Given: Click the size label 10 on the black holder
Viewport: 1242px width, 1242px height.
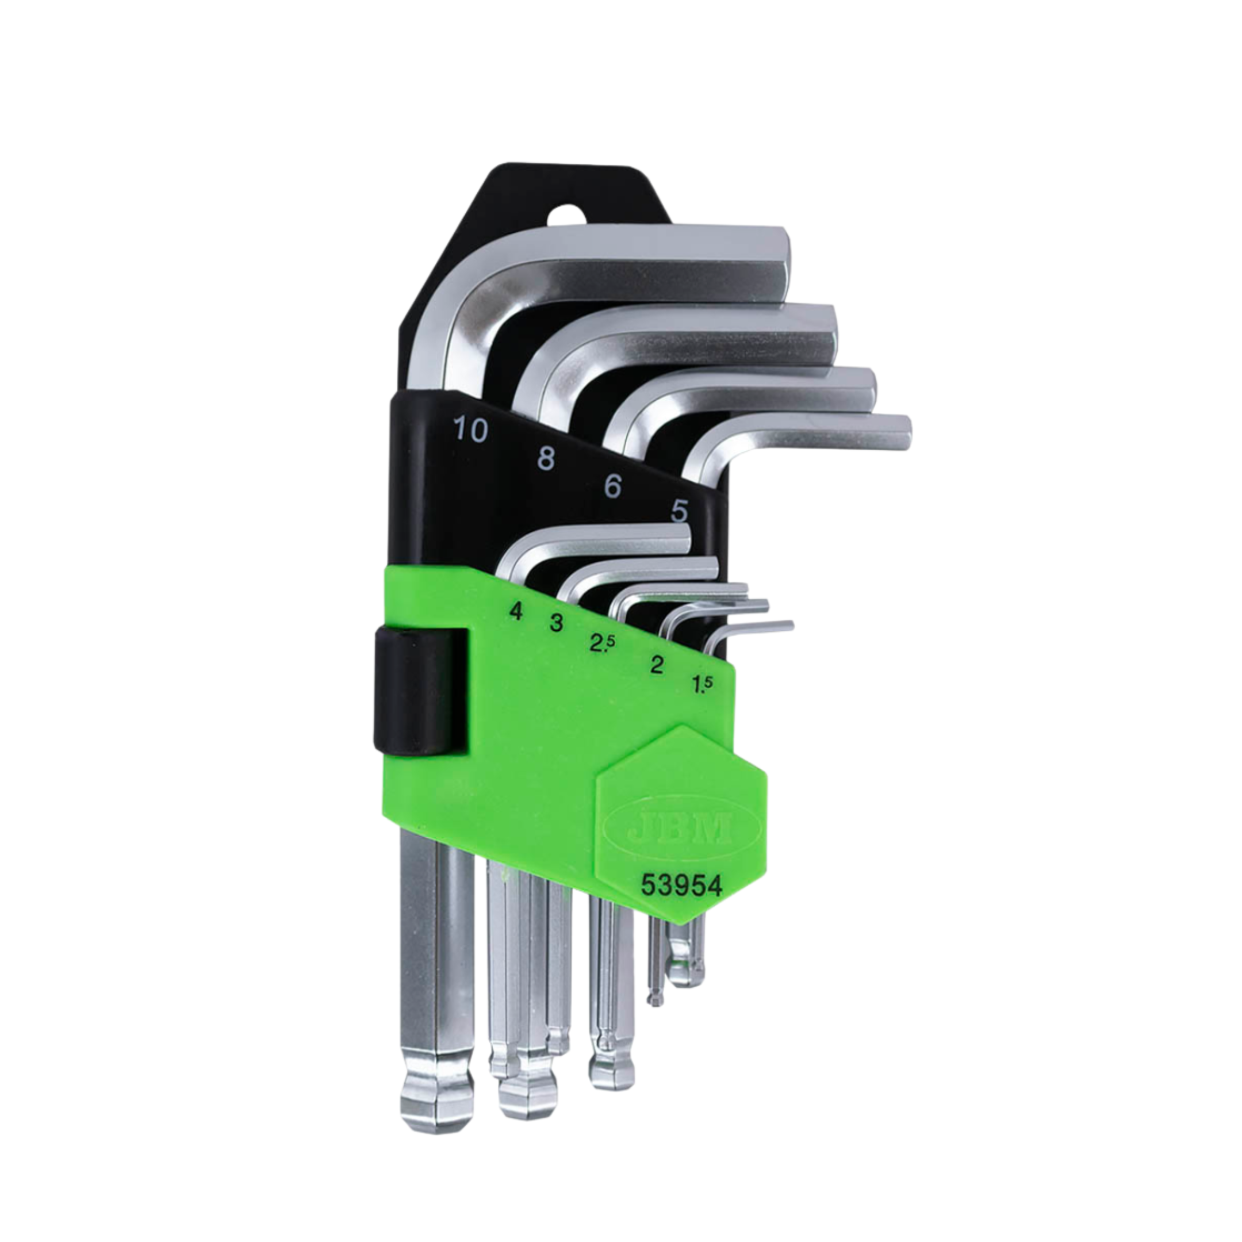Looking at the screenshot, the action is click(x=470, y=431).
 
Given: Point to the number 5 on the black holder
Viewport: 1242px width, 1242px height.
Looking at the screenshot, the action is click(x=680, y=511).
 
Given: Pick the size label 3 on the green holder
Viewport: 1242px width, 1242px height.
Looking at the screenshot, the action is click(x=556, y=623).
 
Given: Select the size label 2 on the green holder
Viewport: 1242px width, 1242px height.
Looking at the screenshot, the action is click(x=656, y=665).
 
